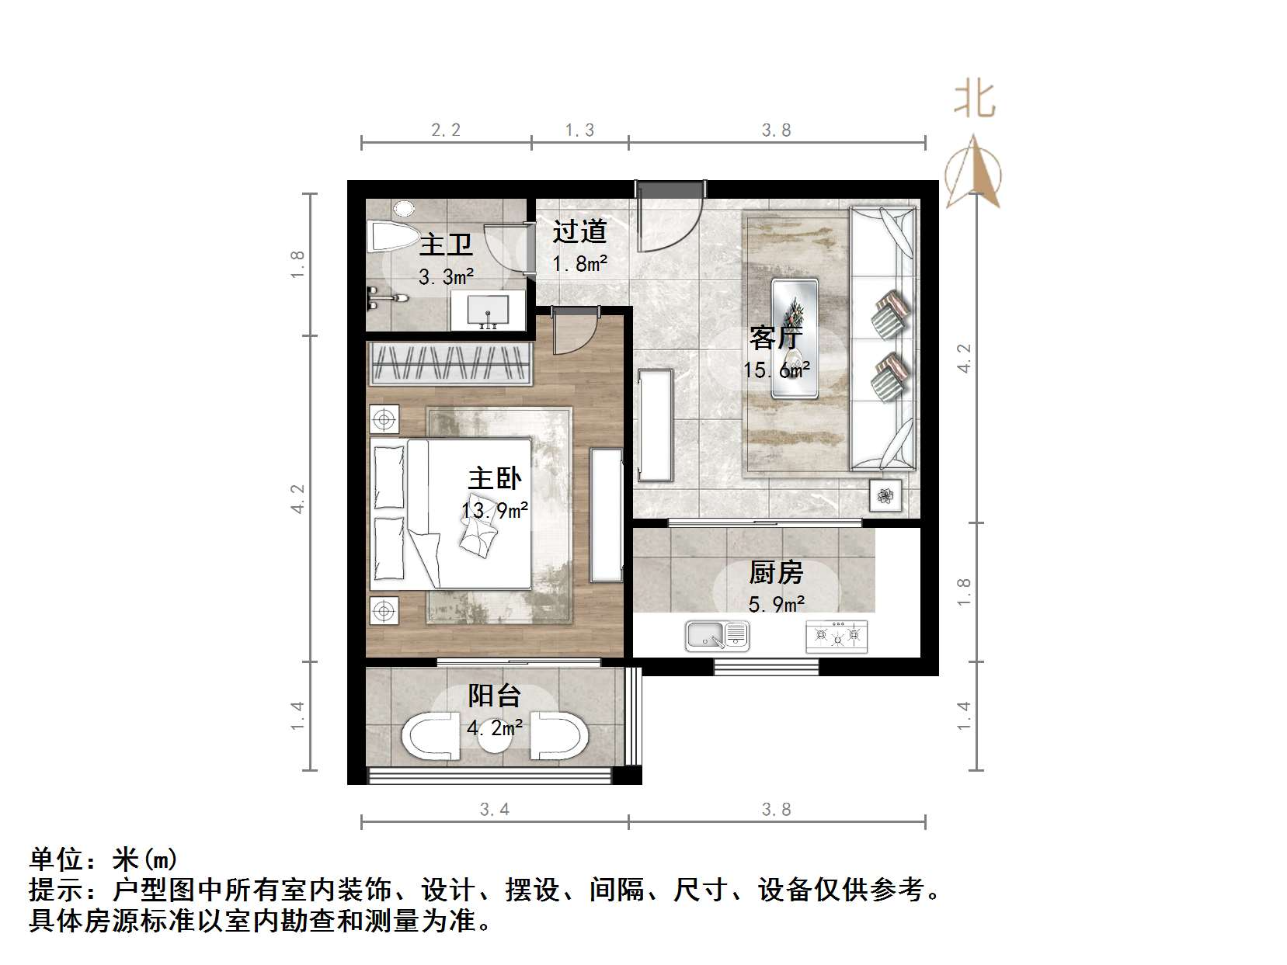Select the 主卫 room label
point(446,245)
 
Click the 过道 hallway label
point(579,231)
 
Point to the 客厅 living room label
point(775,338)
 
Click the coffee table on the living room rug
point(794,338)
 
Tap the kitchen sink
point(716,637)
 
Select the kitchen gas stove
point(837,637)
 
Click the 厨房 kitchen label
point(776,573)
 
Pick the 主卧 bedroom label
point(495,478)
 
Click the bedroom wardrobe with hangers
point(451,363)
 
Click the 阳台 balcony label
point(494,696)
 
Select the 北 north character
point(975,101)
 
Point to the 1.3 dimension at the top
point(579,130)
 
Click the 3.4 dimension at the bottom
point(494,810)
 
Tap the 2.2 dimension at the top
point(446,130)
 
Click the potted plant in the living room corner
point(885,495)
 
